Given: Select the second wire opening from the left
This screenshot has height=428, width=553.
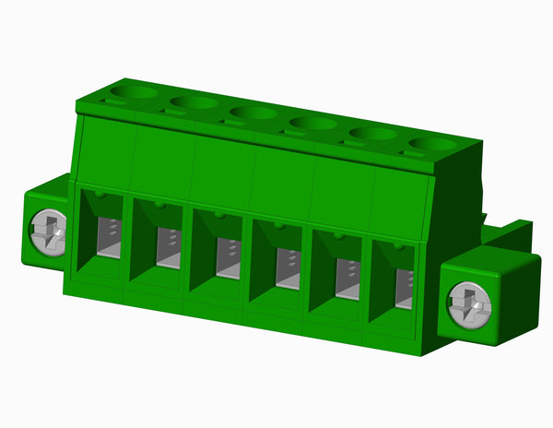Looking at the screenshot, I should pos(159,242).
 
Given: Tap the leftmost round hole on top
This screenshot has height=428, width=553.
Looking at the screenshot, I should pos(133,91).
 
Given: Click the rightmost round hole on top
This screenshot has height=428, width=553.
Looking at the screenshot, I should pos(433,144).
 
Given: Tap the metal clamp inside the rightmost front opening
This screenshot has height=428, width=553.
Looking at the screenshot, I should pos(404,289).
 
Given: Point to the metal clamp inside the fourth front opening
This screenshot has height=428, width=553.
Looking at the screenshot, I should pos(288,268).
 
